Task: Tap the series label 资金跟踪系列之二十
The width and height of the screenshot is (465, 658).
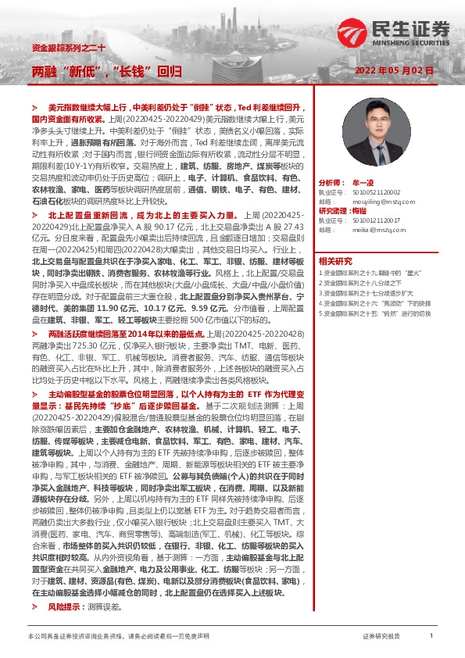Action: click(x=63, y=48)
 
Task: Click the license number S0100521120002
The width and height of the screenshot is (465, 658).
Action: click(x=369, y=191)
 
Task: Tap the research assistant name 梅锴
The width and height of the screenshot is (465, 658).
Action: click(x=360, y=211)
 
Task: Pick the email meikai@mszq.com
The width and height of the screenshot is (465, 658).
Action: click(x=367, y=231)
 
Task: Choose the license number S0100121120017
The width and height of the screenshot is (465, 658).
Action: click(x=369, y=221)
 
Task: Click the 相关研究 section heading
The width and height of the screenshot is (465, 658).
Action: click(x=335, y=261)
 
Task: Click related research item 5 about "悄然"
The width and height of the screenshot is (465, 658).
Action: click(x=376, y=313)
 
